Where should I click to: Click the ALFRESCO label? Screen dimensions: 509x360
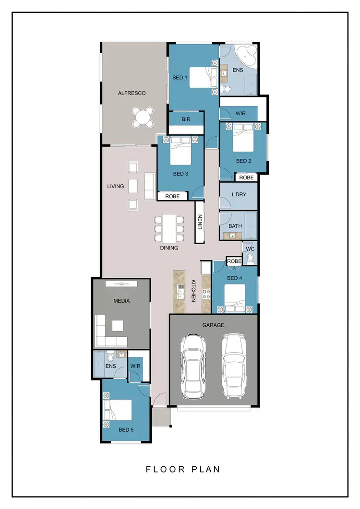132,93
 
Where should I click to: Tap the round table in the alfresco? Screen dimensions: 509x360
144,117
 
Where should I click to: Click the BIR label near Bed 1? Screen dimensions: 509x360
186,119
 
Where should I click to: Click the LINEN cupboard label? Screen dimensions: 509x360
200,222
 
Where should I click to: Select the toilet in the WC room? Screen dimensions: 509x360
250,259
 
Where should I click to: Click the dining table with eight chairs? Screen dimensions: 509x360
169,229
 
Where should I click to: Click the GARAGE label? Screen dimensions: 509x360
213,325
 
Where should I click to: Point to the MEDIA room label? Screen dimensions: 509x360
121,301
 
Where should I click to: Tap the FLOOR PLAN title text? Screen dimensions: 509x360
183,469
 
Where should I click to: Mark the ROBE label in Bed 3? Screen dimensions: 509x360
172,196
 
